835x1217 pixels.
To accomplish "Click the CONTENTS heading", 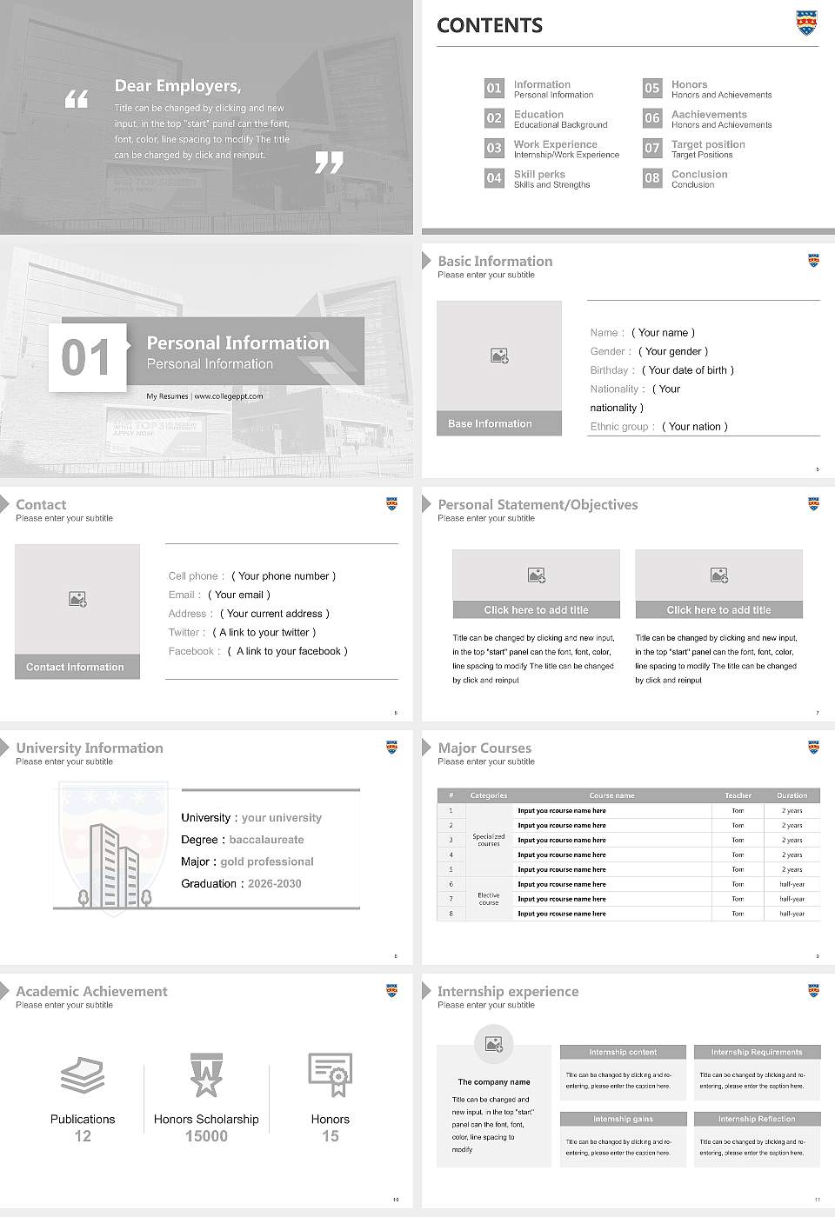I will pyautogui.click(x=490, y=26).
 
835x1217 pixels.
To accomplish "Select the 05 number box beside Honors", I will pyautogui.click(x=652, y=88).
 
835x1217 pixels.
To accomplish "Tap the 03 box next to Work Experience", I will pyautogui.click(x=494, y=148).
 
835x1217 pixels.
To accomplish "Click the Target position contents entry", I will pyautogui.click(x=707, y=144).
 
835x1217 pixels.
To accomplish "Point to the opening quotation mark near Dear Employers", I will pyautogui.click(x=77, y=99).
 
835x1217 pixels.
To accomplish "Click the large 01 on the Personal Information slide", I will pyautogui.click(x=87, y=357).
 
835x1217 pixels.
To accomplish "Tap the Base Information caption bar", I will pyautogui.click(x=498, y=423).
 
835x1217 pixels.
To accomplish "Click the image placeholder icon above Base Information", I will pyautogui.click(x=499, y=356).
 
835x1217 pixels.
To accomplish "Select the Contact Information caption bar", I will pyautogui.click(x=77, y=667).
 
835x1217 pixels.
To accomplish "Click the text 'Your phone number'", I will pyautogui.click(x=284, y=576).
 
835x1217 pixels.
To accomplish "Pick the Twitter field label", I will pyautogui.click(x=186, y=633).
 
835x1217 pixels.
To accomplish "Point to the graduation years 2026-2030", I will pyautogui.click(x=274, y=883).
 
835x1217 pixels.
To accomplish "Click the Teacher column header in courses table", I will pyautogui.click(x=738, y=795).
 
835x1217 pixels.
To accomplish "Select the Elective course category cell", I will pyautogui.click(x=489, y=899).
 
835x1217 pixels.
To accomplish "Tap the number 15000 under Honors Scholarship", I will pyautogui.click(x=206, y=1136).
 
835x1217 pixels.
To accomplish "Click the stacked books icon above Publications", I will pyautogui.click(x=83, y=1075).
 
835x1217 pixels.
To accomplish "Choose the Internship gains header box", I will pyautogui.click(x=623, y=1119).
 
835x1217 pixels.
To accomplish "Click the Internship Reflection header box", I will pyautogui.click(x=756, y=1119).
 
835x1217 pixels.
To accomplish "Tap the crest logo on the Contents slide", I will pyautogui.click(x=807, y=23).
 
